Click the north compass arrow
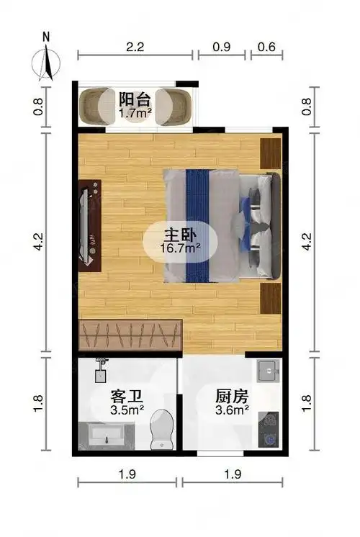pos(48,59)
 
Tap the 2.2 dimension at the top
pos(135,48)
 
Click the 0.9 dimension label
pos(222,48)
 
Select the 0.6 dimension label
pos(266,48)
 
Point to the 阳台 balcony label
pos(135,99)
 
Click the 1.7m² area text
pos(135,113)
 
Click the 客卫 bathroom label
pos(125,396)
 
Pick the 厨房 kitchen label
pos(232,396)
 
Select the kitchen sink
pos(268,372)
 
